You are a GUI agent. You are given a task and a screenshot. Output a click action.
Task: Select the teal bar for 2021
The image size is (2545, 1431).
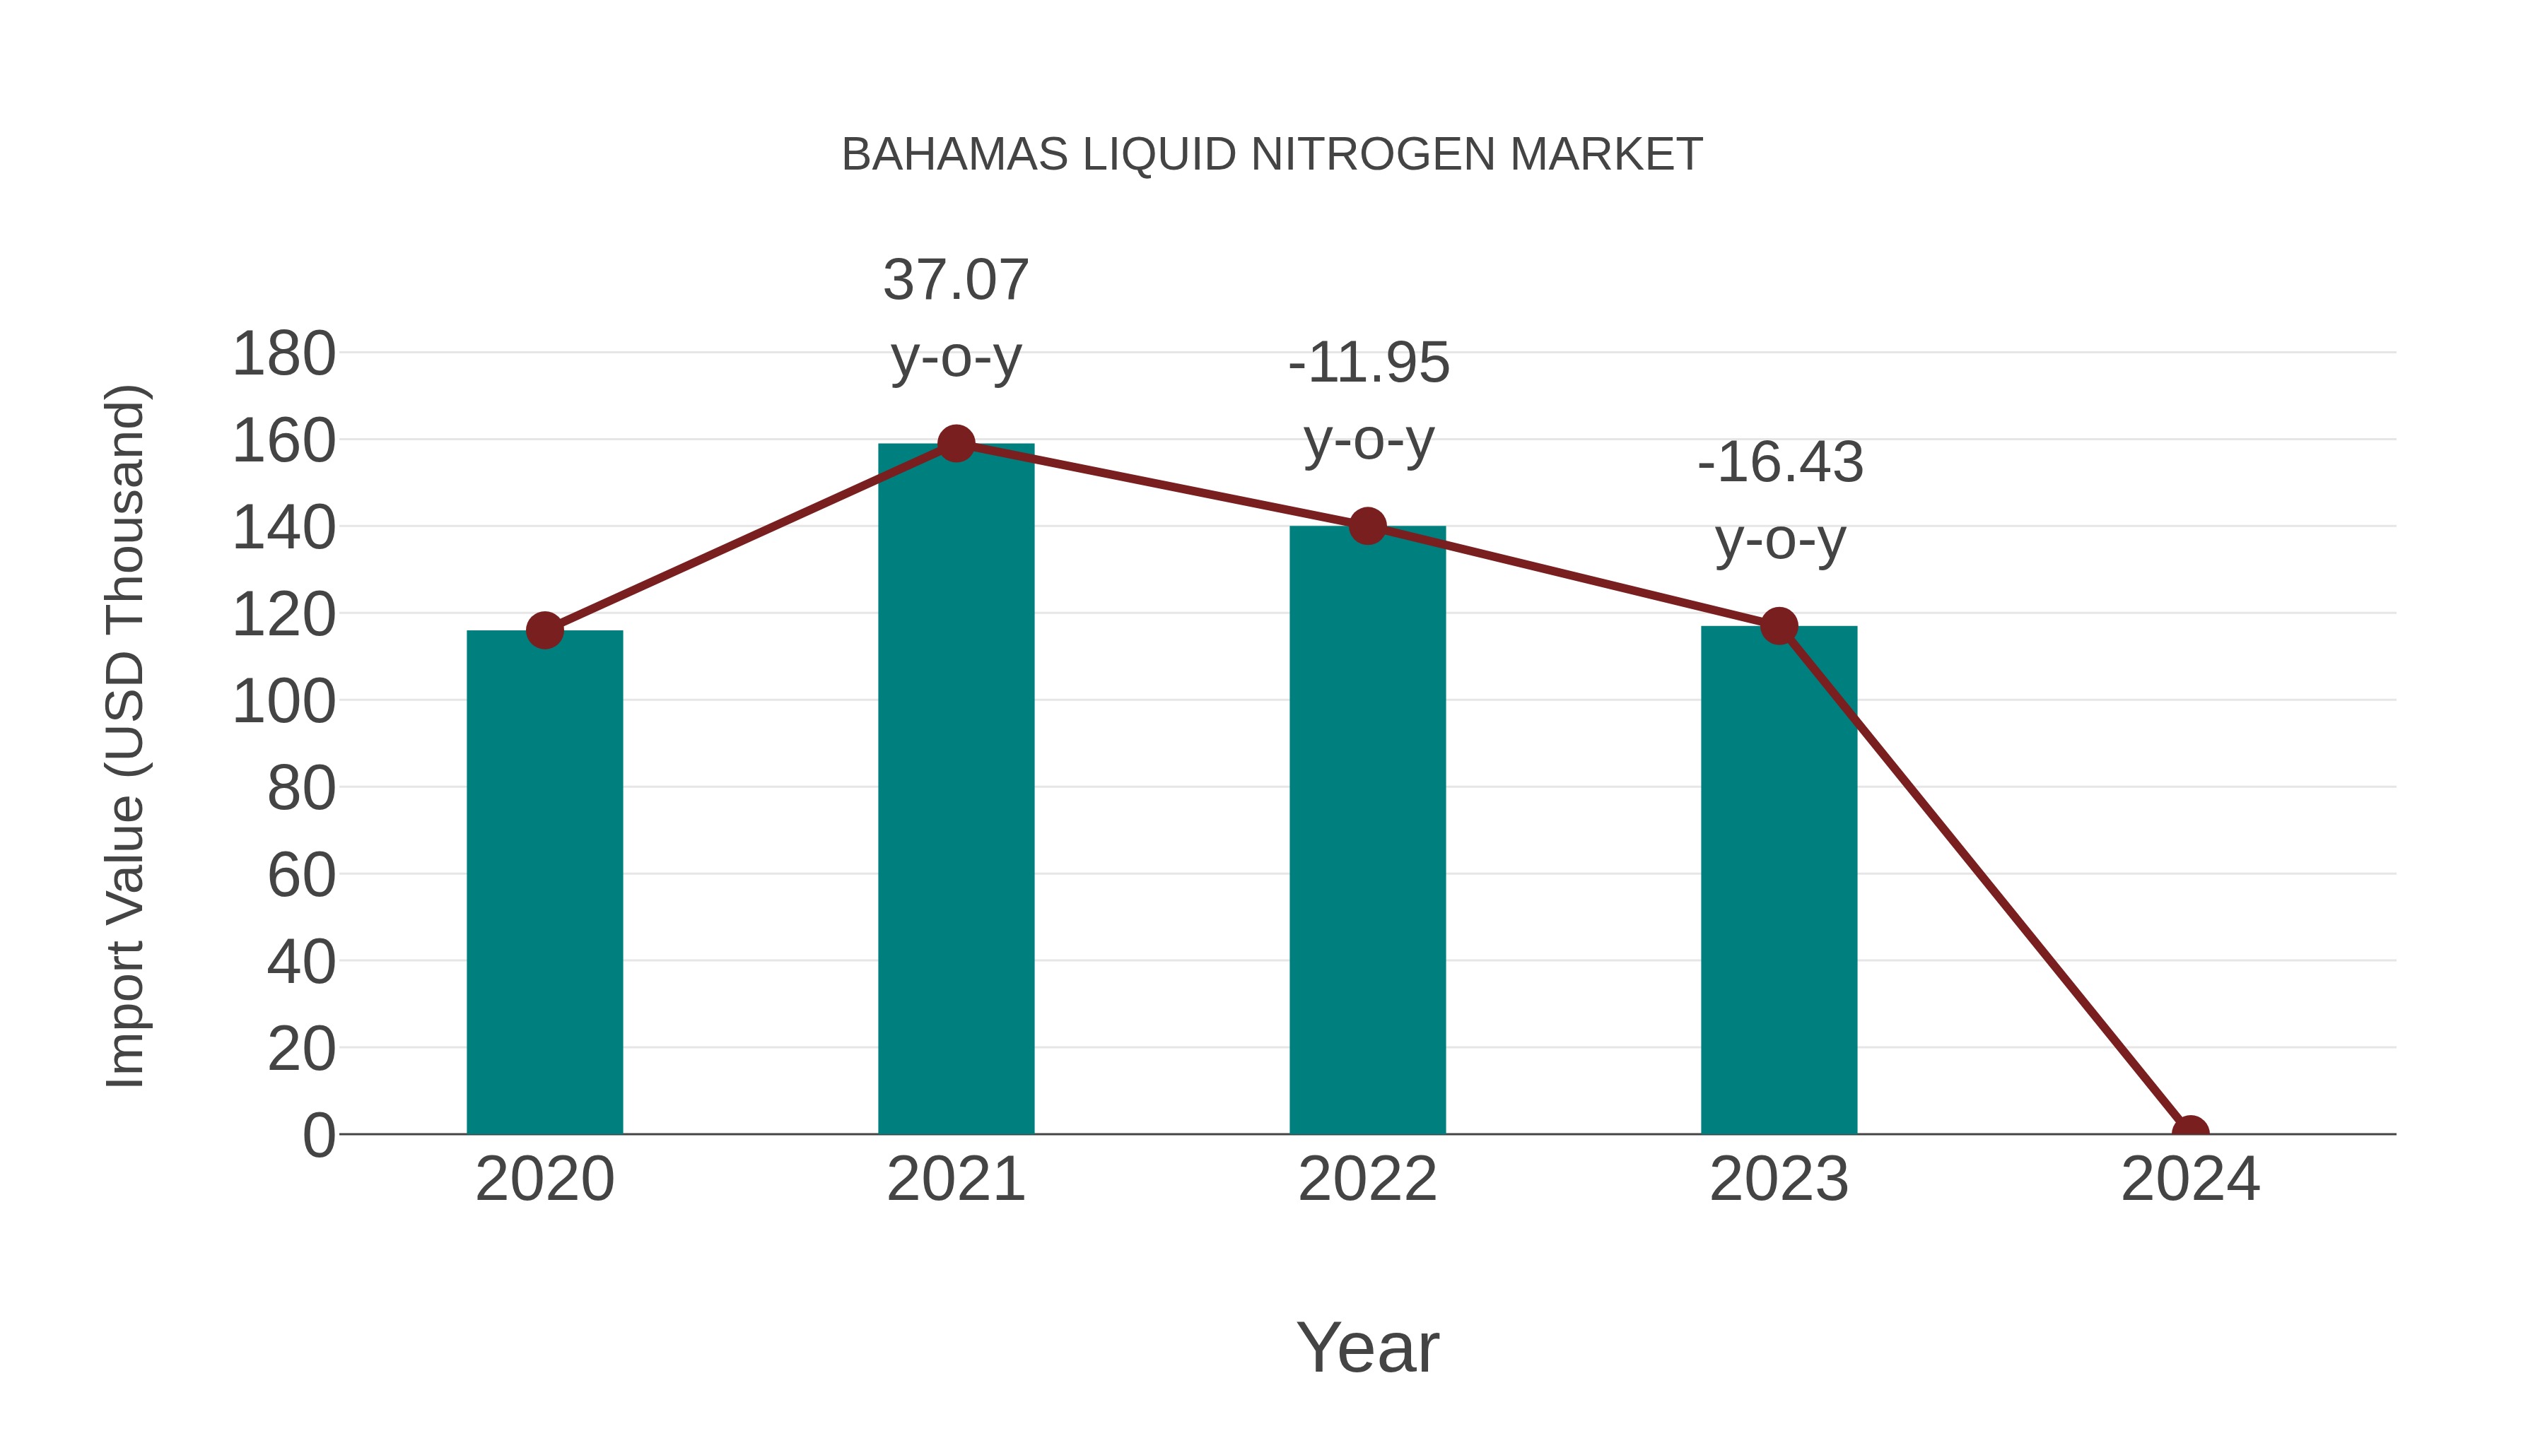955,789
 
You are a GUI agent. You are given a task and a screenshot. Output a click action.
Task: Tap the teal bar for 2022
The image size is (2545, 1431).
1367,830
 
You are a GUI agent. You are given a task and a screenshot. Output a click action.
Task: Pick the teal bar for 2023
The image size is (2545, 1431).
1779,880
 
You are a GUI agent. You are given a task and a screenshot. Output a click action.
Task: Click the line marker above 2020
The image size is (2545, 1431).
544,630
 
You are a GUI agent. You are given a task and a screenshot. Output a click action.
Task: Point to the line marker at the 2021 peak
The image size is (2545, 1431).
955,443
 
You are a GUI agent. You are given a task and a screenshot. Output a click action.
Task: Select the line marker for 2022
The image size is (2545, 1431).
1367,526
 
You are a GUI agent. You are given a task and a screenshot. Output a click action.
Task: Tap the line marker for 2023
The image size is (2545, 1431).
1779,626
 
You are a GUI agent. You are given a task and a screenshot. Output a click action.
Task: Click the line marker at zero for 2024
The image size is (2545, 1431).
2190,1132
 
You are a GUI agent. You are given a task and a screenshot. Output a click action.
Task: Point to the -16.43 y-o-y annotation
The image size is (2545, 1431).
1780,501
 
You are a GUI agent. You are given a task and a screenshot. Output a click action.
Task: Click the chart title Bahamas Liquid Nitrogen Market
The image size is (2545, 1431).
1272,155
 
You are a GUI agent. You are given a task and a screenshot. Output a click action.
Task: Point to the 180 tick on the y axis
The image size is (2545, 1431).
283,355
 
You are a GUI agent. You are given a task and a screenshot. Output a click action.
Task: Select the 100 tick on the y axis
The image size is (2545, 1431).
283,702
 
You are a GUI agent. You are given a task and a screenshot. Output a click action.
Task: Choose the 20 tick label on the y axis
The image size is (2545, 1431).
300,1049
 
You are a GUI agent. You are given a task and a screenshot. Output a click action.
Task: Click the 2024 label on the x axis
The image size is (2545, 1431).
2190,1179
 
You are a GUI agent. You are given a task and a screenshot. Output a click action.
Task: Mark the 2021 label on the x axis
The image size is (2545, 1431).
955,1179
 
